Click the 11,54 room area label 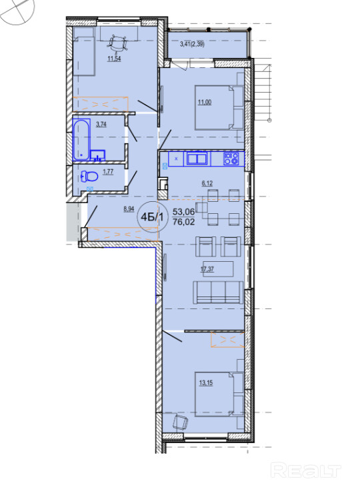[x=114, y=59]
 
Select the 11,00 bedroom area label [x=205, y=102]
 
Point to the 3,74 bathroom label [x=101, y=124]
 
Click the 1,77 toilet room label [x=108, y=172]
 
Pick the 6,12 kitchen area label [x=207, y=183]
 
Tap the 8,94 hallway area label [x=129, y=209]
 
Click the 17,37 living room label [x=207, y=269]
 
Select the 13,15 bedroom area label [x=206, y=383]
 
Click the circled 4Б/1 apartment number [x=153, y=217]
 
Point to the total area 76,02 [x=183, y=221]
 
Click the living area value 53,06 [x=183, y=211]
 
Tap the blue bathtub [x=82, y=139]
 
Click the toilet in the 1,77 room [x=89, y=177]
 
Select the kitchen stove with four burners [x=231, y=159]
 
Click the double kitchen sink [x=197, y=159]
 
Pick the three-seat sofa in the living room [x=218, y=292]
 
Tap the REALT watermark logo [x=306, y=470]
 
